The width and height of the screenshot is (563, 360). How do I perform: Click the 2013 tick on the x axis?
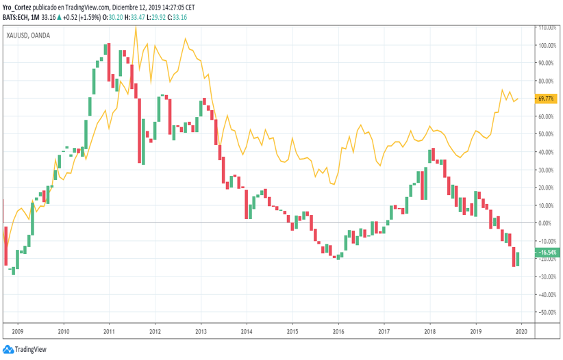tap(201, 331)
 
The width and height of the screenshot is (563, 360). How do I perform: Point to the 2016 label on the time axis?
tap(338, 331)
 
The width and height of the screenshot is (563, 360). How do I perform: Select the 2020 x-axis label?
tap(521, 331)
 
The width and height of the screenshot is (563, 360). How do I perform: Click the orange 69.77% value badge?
tap(546, 99)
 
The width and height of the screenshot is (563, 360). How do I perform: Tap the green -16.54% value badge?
tap(548, 253)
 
